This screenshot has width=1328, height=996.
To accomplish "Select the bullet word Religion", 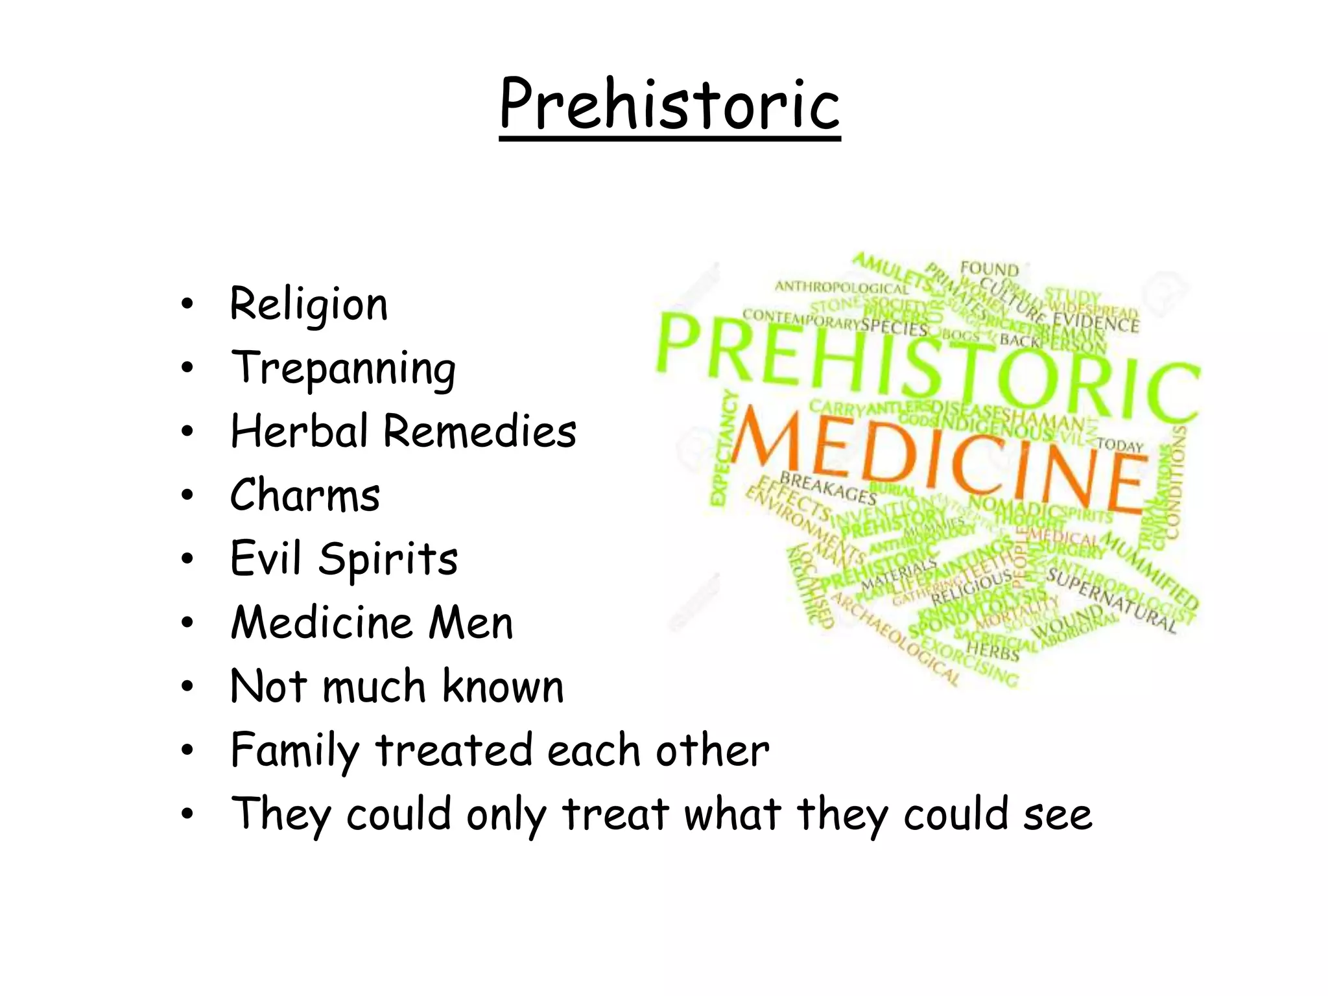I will pyautogui.click(x=309, y=305).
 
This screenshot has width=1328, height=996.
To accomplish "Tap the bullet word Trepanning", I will pyautogui.click(x=343, y=368).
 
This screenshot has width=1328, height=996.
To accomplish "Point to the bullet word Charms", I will pyautogui.click(x=305, y=495).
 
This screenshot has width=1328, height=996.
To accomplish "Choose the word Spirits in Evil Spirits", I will pyautogui.click(x=388, y=559).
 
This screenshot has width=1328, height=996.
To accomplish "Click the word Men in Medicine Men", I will pyautogui.click(x=471, y=622).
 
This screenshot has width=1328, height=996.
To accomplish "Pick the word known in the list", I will pyautogui.click(x=503, y=686).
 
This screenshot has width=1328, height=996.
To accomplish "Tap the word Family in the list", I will pyautogui.click(x=295, y=751).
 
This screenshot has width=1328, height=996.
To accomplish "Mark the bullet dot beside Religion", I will pyautogui.click(x=187, y=305).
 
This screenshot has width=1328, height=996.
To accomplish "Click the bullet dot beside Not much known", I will pyautogui.click(x=187, y=687).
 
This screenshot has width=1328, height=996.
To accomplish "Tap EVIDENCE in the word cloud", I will pyautogui.click(x=1096, y=322).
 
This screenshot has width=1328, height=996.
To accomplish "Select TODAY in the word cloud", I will pyautogui.click(x=1120, y=445).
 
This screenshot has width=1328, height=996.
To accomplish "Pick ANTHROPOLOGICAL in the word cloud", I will pyautogui.click(x=842, y=287).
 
